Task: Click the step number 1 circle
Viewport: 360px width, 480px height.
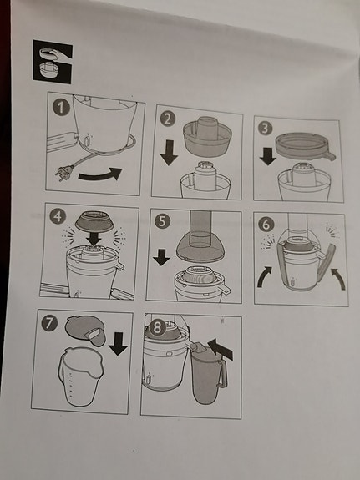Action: click(x=61, y=107)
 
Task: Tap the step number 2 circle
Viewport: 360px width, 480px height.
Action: click(x=168, y=119)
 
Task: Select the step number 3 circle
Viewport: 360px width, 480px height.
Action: click(x=266, y=129)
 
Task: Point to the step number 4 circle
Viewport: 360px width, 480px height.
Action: click(x=58, y=216)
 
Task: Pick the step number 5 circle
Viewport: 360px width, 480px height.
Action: click(x=162, y=221)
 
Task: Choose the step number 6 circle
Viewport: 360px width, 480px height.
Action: click(x=266, y=224)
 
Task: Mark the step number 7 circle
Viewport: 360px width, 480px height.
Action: click(x=49, y=324)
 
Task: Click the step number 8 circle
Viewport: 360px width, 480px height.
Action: click(x=157, y=327)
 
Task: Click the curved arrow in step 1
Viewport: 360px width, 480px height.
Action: click(x=99, y=175)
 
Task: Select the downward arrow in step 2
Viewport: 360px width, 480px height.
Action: click(x=169, y=153)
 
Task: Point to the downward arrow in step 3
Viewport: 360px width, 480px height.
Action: click(x=267, y=156)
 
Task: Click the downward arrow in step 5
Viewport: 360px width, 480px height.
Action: click(x=161, y=257)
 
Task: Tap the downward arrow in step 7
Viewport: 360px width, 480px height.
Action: click(x=119, y=343)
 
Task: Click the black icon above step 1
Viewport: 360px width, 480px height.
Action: click(x=53, y=62)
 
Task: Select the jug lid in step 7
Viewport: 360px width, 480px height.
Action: click(x=85, y=331)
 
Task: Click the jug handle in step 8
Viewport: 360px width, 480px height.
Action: click(x=223, y=373)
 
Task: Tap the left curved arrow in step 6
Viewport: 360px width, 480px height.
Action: click(x=263, y=276)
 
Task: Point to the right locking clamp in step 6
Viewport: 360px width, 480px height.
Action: click(x=327, y=262)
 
